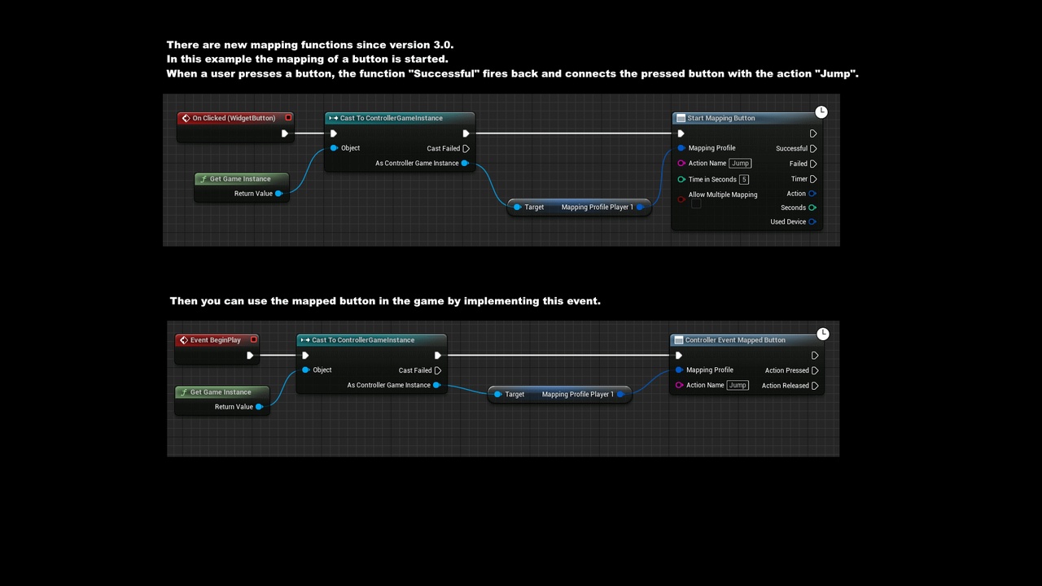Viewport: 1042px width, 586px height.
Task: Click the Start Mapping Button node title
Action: pyautogui.click(x=720, y=118)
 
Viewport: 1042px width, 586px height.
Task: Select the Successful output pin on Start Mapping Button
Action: pyautogui.click(x=813, y=148)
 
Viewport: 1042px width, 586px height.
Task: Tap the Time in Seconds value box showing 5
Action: pyautogui.click(x=743, y=179)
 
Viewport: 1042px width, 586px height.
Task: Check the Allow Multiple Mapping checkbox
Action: pyautogui.click(x=696, y=203)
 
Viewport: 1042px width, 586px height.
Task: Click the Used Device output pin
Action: pyautogui.click(x=812, y=221)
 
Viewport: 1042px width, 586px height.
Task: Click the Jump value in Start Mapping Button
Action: pyautogui.click(x=740, y=164)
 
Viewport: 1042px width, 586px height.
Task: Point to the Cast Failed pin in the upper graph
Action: pyautogui.click(x=466, y=148)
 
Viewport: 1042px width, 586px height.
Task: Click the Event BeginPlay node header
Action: pyautogui.click(x=215, y=340)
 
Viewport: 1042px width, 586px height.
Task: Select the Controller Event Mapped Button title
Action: pyautogui.click(x=734, y=340)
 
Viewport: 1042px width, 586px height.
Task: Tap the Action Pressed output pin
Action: pyautogui.click(x=815, y=370)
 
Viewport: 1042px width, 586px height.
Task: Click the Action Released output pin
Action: pyautogui.click(x=815, y=386)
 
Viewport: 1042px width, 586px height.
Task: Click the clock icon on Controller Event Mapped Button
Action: pyautogui.click(x=823, y=334)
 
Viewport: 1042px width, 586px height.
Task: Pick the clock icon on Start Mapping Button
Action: pyautogui.click(x=821, y=112)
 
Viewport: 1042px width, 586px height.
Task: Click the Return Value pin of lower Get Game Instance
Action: pyautogui.click(x=260, y=407)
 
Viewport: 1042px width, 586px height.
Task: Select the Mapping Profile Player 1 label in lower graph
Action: pyautogui.click(x=577, y=395)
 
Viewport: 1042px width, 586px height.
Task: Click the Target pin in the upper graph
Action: pyautogui.click(x=517, y=208)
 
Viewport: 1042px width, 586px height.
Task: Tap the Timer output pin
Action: pyautogui.click(x=813, y=179)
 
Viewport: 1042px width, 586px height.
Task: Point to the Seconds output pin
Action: pyautogui.click(x=812, y=208)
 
